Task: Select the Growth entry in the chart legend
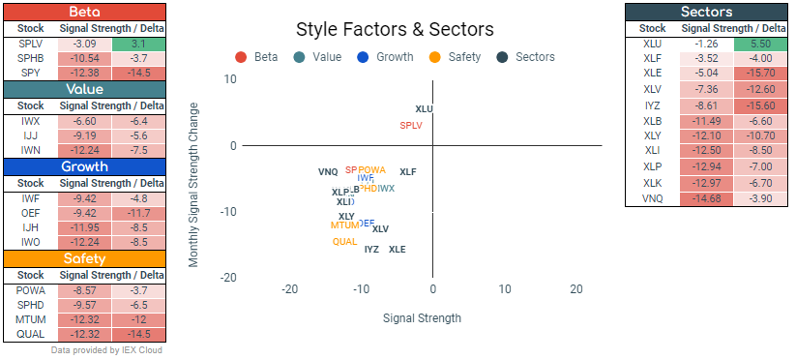click(394, 57)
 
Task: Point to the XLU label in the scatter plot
click(424, 109)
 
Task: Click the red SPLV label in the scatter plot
click(411, 126)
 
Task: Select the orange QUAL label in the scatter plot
click(345, 241)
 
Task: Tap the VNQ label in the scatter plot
click(328, 172)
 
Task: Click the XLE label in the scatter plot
click(398, 250)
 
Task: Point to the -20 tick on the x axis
click(288, 289)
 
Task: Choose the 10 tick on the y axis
click(230, 79)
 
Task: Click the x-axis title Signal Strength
click(422, 317)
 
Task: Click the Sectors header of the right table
click(706, 12)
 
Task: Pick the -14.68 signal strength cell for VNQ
click(705, 198)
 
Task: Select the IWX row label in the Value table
click(31, 121)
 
